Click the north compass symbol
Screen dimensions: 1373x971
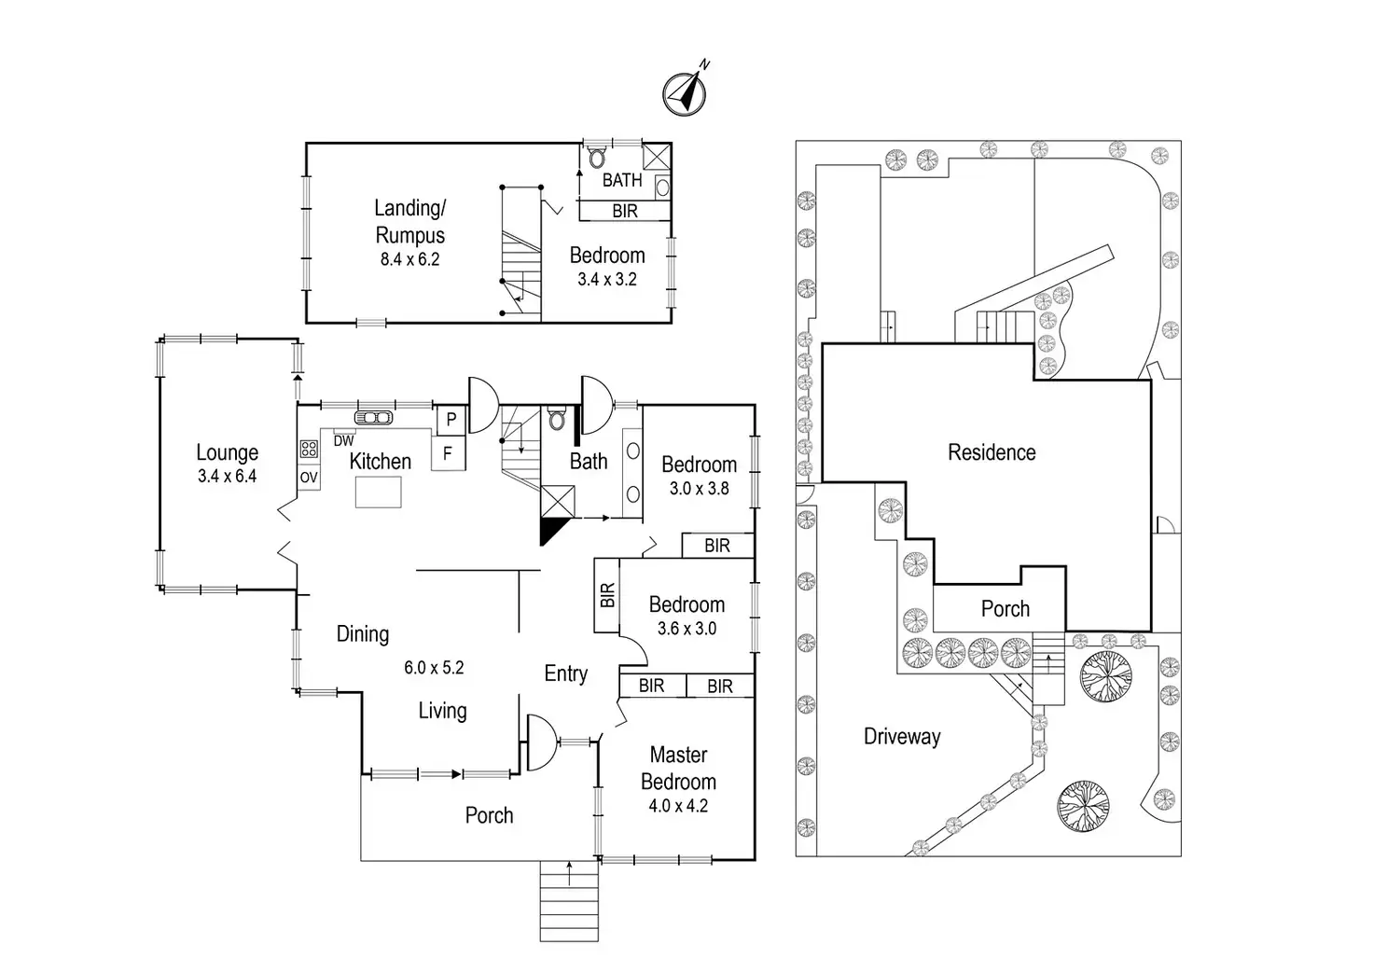point(686,94)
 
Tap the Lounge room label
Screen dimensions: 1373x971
point(228,452)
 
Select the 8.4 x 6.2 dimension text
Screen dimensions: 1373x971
point(410,259)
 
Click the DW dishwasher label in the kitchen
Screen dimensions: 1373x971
point(344,441)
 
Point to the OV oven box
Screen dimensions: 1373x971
point(309,477)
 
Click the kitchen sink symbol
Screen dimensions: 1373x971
point(373,418)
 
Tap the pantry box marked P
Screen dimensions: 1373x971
point(451,420)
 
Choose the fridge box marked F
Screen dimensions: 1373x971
point(448,453)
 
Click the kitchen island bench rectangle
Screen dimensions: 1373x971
point(378,492)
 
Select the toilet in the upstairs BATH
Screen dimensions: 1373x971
point(597,158)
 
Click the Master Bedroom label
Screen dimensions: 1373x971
point(678,768)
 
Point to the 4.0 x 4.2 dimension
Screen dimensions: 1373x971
point(678,806)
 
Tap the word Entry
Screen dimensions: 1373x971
point(566,673)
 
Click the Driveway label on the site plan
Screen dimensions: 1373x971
point(902,736)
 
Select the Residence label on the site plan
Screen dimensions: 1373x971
point(992,452)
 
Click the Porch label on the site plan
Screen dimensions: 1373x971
point(1005,609)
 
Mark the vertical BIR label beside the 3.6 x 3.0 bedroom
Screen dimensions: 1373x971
point(607,594)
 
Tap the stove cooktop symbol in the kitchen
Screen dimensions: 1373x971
point(309,450)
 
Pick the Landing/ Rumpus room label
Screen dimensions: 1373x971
point(410,221)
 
